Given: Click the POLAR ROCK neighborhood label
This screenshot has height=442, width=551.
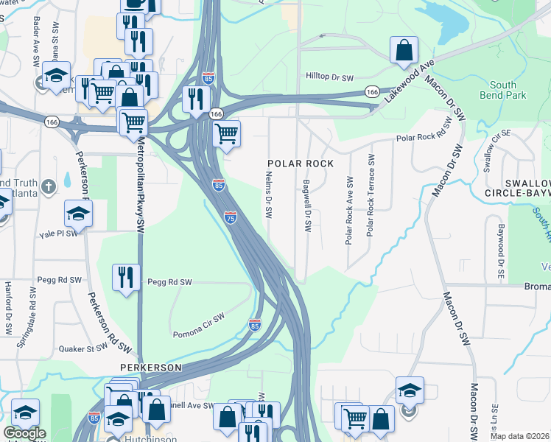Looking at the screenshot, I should pyautogui.click(x=301, y=163).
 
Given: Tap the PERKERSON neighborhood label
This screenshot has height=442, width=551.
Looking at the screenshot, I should pyautogui.click(x=152, y=366).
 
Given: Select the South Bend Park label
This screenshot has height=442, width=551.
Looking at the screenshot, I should pyautogui.click(x=503, y=90).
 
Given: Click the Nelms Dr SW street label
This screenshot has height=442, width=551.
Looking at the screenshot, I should pyautogui.click(x=269, y=195).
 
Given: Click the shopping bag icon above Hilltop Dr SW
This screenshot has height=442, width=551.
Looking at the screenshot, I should pyautogui.click(x=404, y=51).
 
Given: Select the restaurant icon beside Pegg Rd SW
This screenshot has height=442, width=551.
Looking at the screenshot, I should pyautogui.click(x=126, y=277).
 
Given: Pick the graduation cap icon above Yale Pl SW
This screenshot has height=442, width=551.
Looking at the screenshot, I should pyautogui.click(x=78, y=214).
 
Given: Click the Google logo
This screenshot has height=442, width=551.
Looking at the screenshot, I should pyautogui.click(x=24, y=433).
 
